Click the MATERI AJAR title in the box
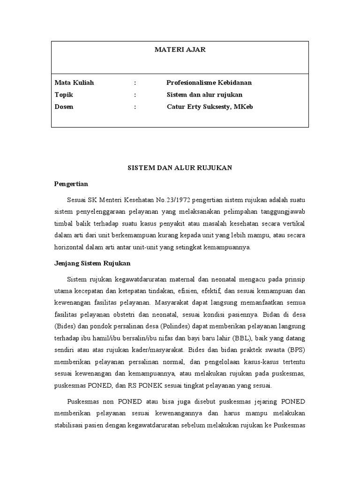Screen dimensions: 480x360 point(180,50)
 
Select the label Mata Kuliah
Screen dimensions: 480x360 point(74,82)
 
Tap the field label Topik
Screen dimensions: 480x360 point(64,95)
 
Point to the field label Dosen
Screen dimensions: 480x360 point(64,106)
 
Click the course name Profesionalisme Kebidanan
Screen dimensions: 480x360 point(209,82)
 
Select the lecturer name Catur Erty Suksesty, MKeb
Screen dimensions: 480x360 point(210,106)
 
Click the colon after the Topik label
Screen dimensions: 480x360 point(135,95)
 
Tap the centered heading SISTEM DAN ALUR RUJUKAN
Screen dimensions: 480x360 point(180,168)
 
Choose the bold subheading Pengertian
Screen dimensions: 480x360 point(71,183)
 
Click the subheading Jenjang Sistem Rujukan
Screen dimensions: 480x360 point(92,263)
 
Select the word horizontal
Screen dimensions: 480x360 point(69,247)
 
